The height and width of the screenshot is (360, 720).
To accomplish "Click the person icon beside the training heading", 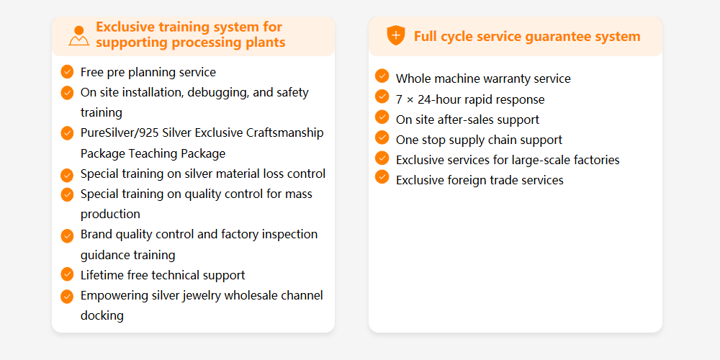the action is [79, 36].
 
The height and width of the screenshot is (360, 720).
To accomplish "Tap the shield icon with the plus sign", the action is [396, 35].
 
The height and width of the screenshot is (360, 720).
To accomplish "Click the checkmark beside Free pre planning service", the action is [67, 71].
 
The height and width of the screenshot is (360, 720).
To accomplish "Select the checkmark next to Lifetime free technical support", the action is [67, 274].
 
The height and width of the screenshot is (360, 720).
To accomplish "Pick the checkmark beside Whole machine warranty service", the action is [382, 76].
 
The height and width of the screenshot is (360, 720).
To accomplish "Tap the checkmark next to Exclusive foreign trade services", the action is [382, 177].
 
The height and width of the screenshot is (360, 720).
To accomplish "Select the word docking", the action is [102, 316].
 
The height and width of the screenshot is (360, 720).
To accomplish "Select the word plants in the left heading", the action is [266, 42].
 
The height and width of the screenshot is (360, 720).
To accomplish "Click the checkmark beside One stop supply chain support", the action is [382, 137].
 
